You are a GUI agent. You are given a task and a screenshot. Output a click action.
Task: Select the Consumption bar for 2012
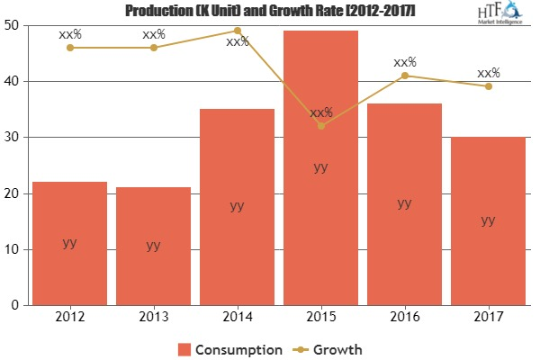(x=69, y=243)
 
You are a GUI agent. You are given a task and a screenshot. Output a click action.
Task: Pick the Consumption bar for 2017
(x=488, y=220)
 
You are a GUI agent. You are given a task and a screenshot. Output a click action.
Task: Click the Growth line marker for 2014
(x=237, y=31)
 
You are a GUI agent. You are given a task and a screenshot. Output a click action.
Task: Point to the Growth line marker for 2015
(x=320, y=125)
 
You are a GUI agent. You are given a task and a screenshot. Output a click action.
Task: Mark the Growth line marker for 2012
(x=69, y=48)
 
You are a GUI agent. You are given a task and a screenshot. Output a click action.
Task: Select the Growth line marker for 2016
(x=404, y=76)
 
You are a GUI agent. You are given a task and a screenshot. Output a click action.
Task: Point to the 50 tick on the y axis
(x=16, y=25)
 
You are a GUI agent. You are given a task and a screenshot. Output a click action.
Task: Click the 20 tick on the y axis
(x=16, y=193)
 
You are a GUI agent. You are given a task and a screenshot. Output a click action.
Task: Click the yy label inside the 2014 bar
(x=237, y=205)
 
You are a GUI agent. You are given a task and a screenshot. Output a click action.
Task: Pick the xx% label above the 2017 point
(x=488, y=72)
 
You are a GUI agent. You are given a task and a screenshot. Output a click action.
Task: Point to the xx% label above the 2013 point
(x=153, y=34)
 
